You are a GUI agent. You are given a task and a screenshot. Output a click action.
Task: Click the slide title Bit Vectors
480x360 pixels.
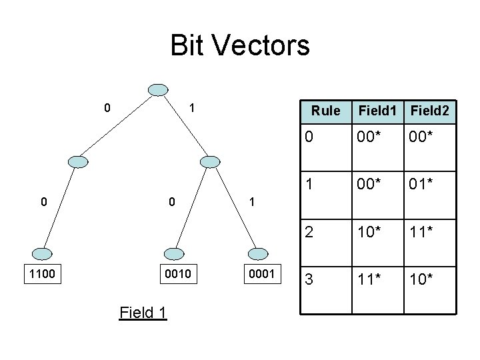[x=240, y=46]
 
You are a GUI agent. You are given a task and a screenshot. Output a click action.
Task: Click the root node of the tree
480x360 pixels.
[x=158, y=91]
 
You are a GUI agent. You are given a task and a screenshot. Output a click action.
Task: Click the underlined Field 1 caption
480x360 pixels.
[x=143, y=311]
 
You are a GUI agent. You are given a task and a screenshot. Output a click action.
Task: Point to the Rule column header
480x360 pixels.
[x=325, y=111]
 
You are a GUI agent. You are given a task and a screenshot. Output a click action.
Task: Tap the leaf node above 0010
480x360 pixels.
[x=173, y=253]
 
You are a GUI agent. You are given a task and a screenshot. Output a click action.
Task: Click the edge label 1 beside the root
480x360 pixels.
[x=191, y=107]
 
